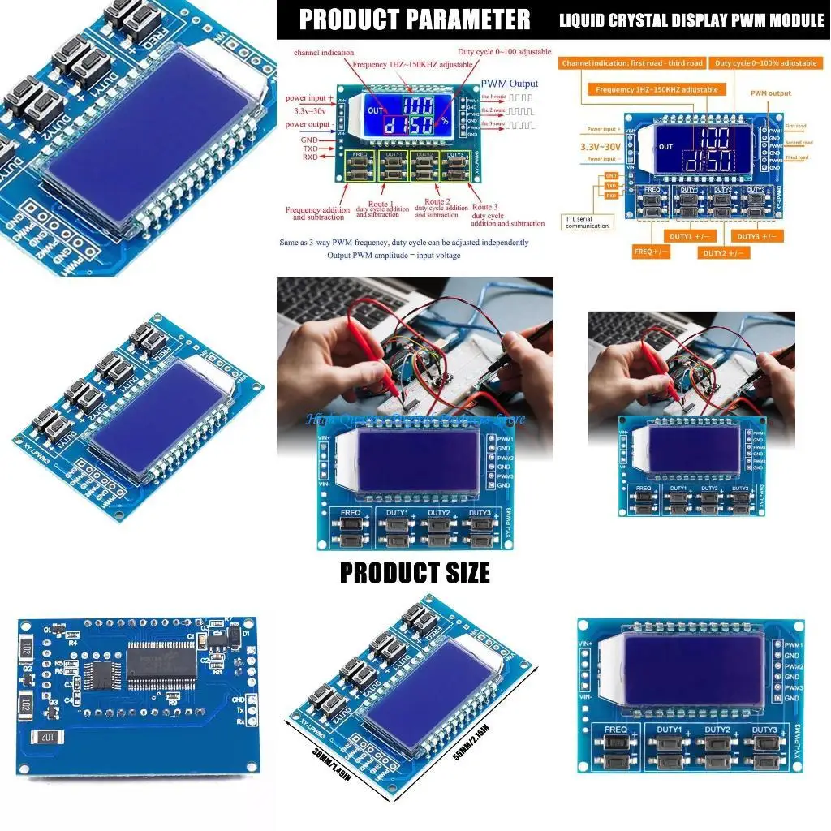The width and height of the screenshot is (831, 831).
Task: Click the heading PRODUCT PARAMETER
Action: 415,19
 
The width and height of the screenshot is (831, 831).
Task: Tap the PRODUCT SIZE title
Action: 415,572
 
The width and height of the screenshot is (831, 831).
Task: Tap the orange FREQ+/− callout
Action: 651,252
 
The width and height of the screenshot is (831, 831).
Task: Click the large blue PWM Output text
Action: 509,83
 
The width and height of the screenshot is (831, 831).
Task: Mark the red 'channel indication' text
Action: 323,53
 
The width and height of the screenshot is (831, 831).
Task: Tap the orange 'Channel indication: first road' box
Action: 632,62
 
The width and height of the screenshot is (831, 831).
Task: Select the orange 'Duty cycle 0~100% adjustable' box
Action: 765,62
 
